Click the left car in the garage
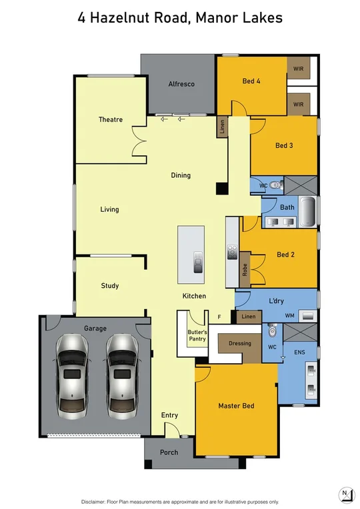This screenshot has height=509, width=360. [x=73, y=374]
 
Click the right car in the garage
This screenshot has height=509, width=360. [x=121, y=374]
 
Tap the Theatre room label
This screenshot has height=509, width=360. [x=111, y=120]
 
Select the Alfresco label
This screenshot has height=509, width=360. [x=179, y=84]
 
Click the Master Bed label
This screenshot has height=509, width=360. [x=236, y=406]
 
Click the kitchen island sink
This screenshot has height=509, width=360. [x=197, y=262]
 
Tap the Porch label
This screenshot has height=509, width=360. [x=169, y=452]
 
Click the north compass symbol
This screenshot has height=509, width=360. [x=345, y=494]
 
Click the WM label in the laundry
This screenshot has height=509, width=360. [x=289, y=315]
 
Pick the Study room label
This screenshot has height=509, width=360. [x=110, y=286]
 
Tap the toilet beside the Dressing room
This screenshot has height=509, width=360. [x=271, y=331]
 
